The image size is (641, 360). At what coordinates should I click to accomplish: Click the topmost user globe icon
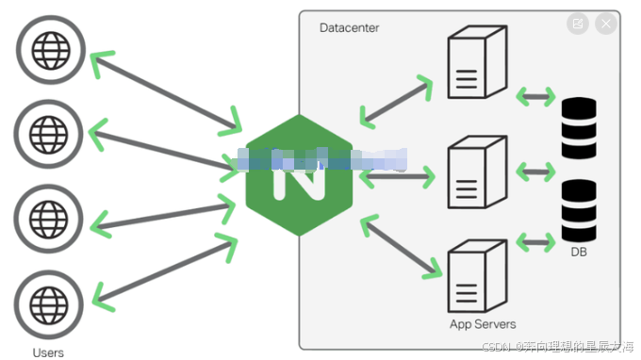(x=48, y=49)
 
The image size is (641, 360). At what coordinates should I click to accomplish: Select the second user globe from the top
(x=48, y=133)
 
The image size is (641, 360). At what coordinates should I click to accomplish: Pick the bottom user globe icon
(x=48, y=303)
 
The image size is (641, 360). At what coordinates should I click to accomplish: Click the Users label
(x=48, y=352)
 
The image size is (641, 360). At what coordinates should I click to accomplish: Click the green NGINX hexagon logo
(x=298, y=176)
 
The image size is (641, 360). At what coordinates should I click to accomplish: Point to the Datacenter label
(x=350, y=28)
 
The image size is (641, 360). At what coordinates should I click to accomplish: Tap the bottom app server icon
(x=475, y=277)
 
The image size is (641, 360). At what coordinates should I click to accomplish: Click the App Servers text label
(x=482, y=324)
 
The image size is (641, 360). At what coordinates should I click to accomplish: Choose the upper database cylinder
(x=579, y=129)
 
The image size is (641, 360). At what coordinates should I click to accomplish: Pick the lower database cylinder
(x=579, y=211)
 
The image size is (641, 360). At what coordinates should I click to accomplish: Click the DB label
(x=579, y=252)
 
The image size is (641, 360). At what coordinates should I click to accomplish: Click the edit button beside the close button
(x=577, y=25)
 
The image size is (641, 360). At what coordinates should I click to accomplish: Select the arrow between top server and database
(x=535, y=95)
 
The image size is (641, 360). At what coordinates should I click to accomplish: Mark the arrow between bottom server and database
(x=535, y=243)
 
